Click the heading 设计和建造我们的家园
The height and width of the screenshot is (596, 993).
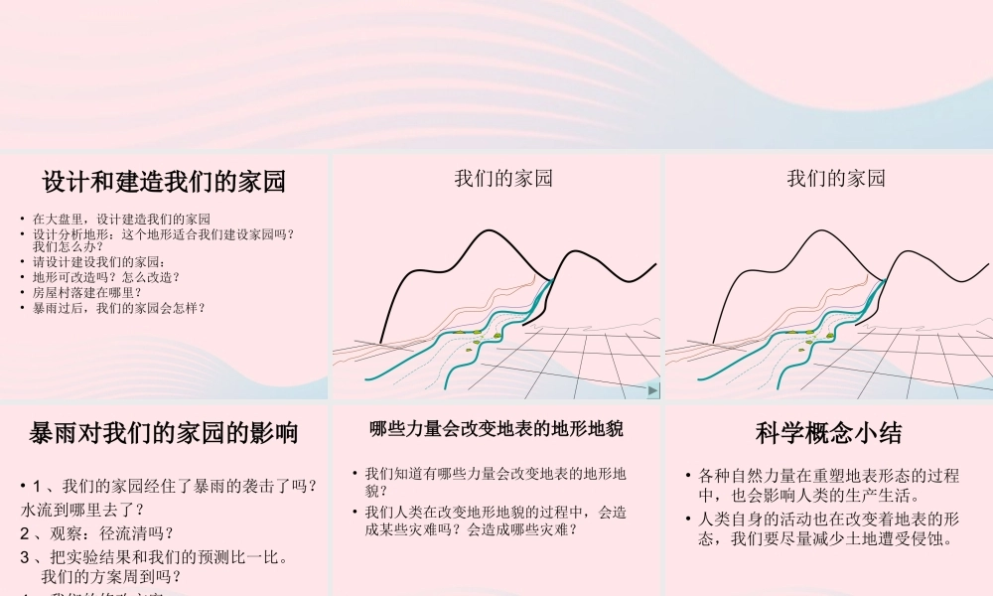click(x=164, y=182)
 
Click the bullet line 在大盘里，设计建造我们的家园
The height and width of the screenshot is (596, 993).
click(x=121, y=219)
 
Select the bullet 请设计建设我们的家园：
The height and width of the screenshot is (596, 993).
click(x=99, y=262)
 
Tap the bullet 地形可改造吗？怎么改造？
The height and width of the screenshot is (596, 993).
click(x=106, y=277)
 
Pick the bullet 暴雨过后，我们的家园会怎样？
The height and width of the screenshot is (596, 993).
click(x=118, y=308)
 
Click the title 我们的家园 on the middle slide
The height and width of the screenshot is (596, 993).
click(x=503, y=179)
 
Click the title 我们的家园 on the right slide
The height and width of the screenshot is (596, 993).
click(x=836, y=179)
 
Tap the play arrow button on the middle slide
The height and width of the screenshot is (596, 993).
click(x=651, y=391)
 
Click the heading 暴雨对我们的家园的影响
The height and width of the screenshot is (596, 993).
click(x=164, y=433)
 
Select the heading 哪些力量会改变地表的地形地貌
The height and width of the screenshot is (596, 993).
click(x=496, y=429)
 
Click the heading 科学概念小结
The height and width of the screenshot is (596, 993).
click(x=828, y=433)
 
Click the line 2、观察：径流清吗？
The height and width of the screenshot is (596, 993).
click(x=96, y=532)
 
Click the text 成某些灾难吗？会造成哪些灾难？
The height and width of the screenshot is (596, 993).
click(x=472, y=529)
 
